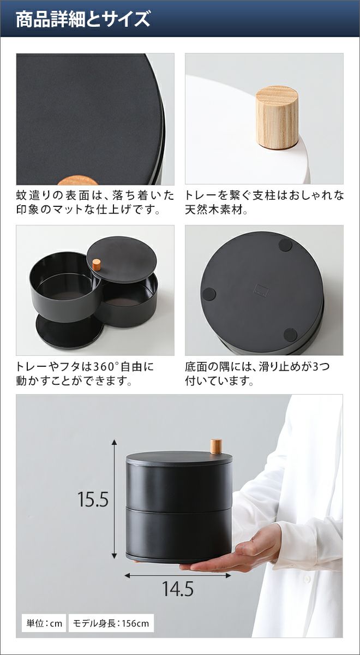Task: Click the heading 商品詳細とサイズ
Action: tap(83, 19)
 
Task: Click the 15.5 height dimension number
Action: tap(93, 499)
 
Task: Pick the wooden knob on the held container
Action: tap(216, 446)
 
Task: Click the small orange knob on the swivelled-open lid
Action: tap(97, 265)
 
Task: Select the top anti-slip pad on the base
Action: tap(285, 245)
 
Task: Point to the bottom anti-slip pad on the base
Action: tap(290, 335)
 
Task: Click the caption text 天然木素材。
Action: tap(216, 210)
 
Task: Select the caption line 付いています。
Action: tap(219, 381)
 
